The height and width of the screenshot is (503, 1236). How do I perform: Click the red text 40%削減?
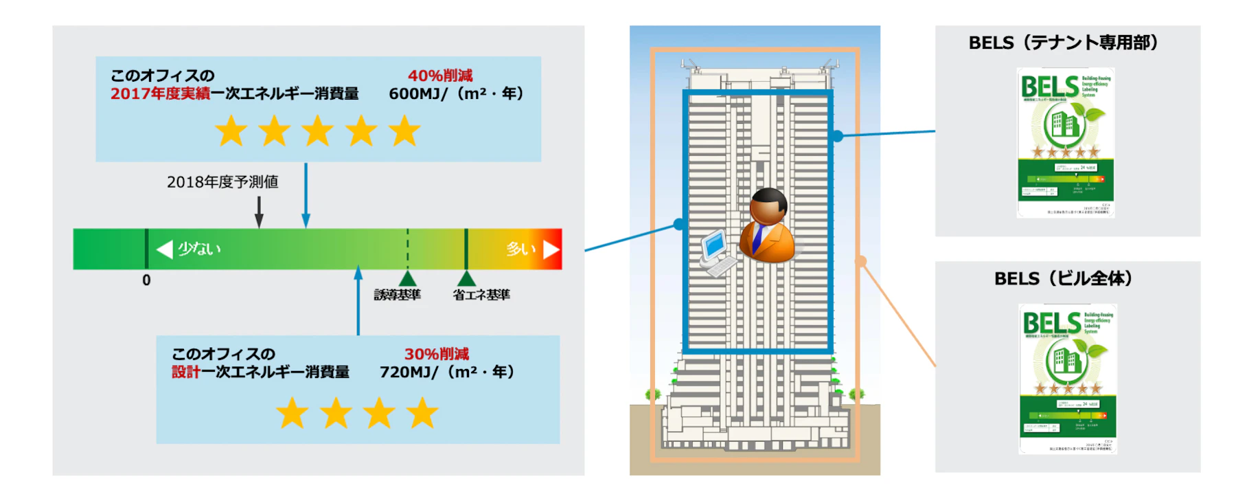(440, 76)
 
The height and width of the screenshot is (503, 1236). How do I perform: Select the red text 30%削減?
(437, 354)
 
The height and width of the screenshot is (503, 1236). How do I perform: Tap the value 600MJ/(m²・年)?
(456, 93)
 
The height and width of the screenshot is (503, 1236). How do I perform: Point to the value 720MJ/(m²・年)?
(447, 372)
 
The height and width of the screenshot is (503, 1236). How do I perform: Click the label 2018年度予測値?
(222, 182)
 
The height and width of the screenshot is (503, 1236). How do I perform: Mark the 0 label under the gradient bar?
(146, 280)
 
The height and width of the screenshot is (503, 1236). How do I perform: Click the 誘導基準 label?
(397, 295)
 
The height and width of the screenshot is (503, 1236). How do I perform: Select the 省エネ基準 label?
(481, 295)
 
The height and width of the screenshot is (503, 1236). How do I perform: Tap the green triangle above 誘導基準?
(408, 278)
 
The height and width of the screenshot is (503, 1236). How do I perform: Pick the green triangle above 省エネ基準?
(466, 278)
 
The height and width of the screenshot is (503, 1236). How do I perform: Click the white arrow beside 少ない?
(165, 249)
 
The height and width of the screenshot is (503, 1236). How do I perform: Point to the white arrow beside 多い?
(551, 249)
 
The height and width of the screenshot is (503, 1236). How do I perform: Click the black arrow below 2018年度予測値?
(259, 213)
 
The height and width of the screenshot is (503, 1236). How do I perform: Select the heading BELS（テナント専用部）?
(1063, 43)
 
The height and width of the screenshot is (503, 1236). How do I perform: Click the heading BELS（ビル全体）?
(1063, 278)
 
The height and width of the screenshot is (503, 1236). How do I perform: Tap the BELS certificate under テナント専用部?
(1066, 142)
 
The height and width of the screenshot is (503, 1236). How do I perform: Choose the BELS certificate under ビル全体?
(1068, 379)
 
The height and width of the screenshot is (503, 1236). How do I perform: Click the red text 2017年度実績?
(160, 93)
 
